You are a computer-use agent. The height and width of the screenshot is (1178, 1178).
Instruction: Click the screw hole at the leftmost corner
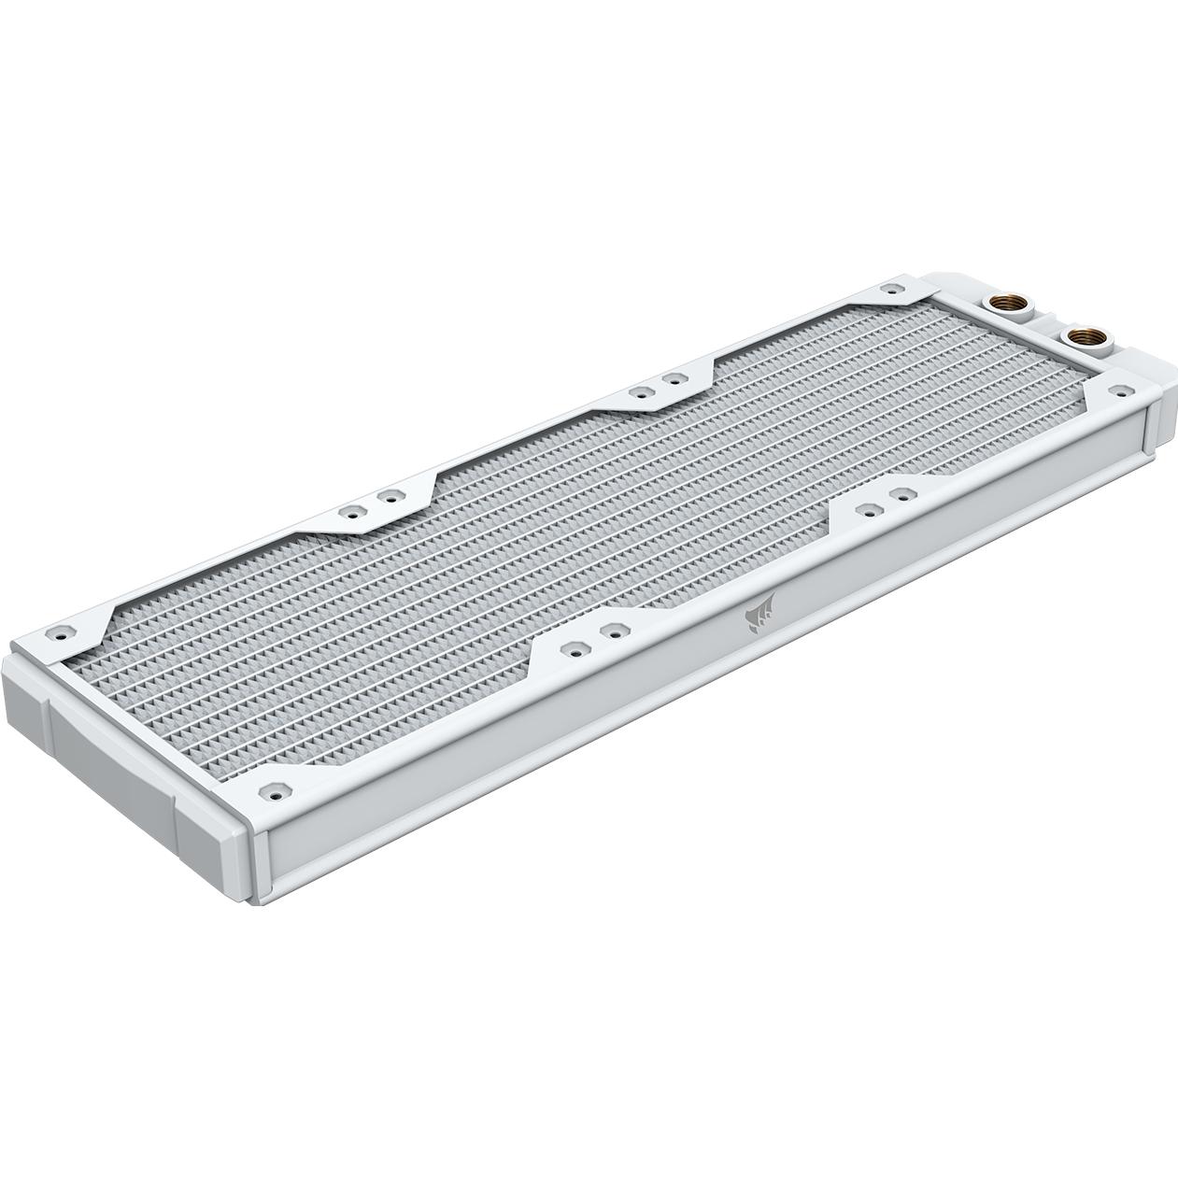(x=63, y=631)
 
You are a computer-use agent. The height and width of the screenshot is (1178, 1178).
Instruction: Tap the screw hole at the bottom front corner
(x=276, y=789)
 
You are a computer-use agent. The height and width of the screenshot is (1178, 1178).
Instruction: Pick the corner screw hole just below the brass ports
(x=1114, y=389)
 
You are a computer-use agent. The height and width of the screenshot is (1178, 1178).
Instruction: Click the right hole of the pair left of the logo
(x=613, y=631)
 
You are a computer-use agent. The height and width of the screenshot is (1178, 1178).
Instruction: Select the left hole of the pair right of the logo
(x=867, y=509)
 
